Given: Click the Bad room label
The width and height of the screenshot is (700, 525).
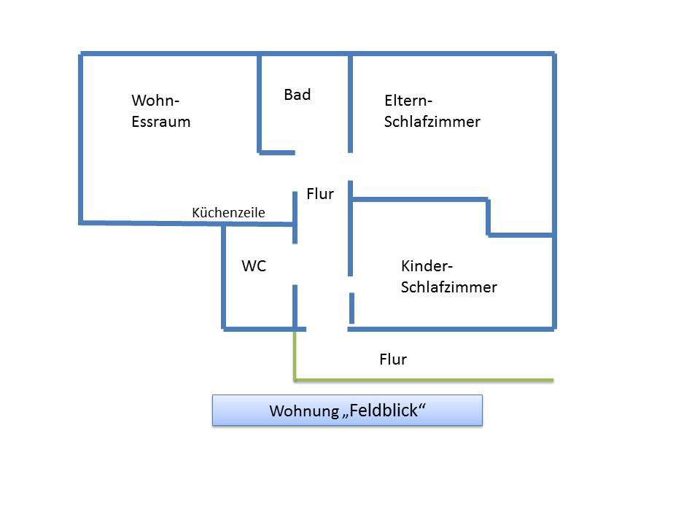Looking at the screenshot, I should click(x=297, y=95).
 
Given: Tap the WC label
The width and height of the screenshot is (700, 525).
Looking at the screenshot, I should click(x=254, y=266).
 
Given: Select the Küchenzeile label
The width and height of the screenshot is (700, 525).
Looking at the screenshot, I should click(x=228, y=212).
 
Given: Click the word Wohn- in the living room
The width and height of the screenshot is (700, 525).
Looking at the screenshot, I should click(x=155, y=101).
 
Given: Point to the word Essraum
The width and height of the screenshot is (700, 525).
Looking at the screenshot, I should click(x=161, y=122).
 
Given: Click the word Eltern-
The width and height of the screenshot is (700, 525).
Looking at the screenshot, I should click(x=408, y=101).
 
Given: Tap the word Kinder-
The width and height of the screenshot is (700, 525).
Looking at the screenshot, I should click(x=427, y=266).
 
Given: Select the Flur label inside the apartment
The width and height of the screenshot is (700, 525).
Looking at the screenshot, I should click(x=320, y=194).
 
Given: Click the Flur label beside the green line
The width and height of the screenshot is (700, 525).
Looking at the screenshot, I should click(x=393, y=359).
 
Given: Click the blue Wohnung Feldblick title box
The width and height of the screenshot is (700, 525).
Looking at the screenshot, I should click(x=347, y=410).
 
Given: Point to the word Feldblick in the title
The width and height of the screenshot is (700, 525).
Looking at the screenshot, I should click(x=386, y=410).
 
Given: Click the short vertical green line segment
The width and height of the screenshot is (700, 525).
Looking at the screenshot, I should click(x=295, y=355).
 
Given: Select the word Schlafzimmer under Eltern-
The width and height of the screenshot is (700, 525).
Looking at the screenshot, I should click(x=432, y=122).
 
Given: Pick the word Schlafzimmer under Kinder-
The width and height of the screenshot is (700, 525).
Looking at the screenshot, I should click(x=449, y=287).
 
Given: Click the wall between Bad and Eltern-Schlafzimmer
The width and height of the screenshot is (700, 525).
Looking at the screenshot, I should click(x=351, y=102).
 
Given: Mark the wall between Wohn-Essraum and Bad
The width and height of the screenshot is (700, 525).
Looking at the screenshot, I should click(x=260, y=102).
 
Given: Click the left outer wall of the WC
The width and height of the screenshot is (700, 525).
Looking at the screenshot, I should click(x=223, y=277).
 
